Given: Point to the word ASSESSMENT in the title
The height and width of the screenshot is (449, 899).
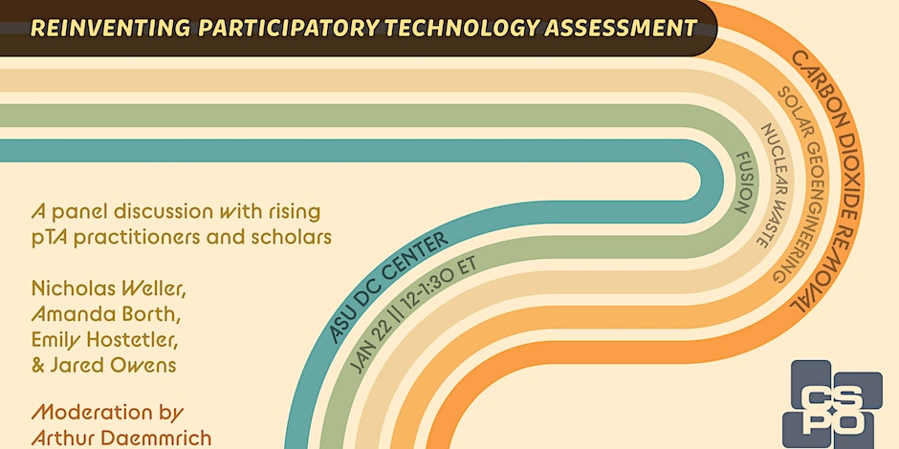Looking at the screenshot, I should pos(621,28).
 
